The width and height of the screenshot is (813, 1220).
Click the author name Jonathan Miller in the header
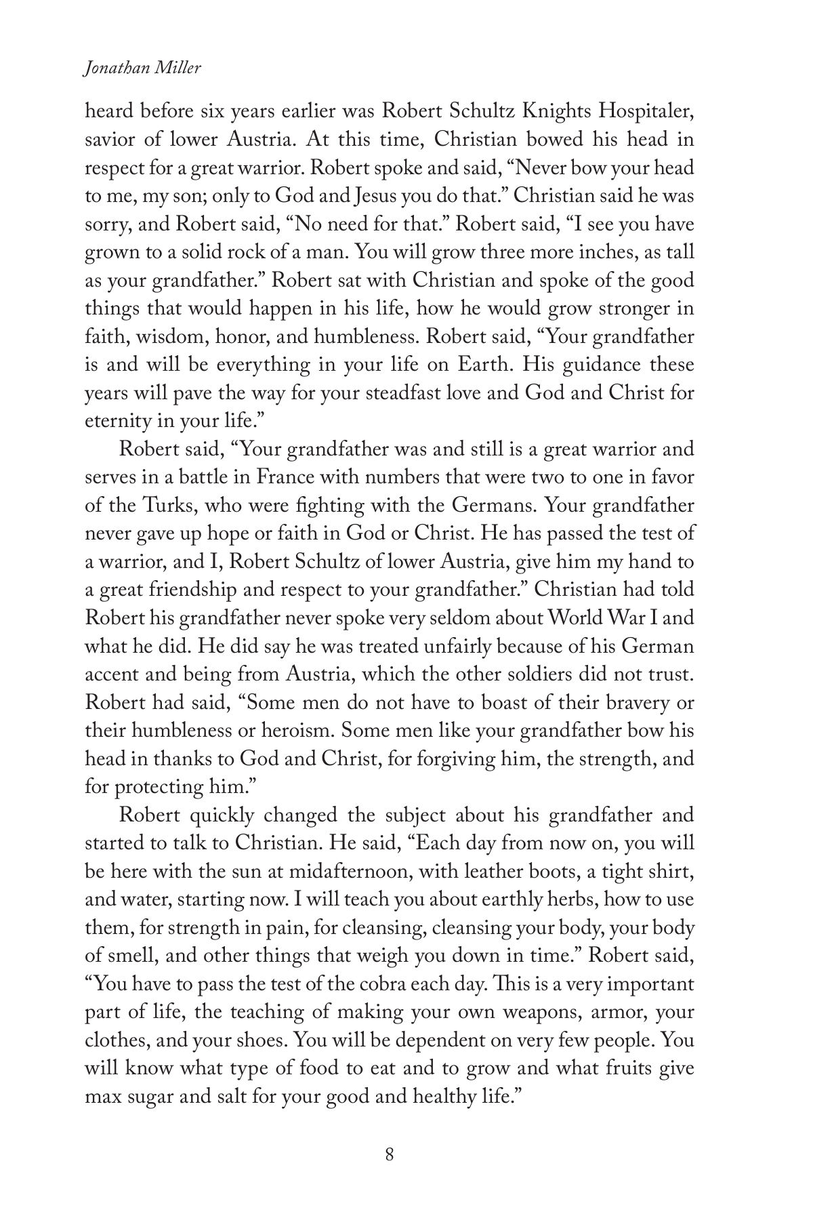[x=142, y=69]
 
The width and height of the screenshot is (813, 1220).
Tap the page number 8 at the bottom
[x=389, y=1154]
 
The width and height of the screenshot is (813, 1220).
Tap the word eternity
[x=116, y=422]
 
